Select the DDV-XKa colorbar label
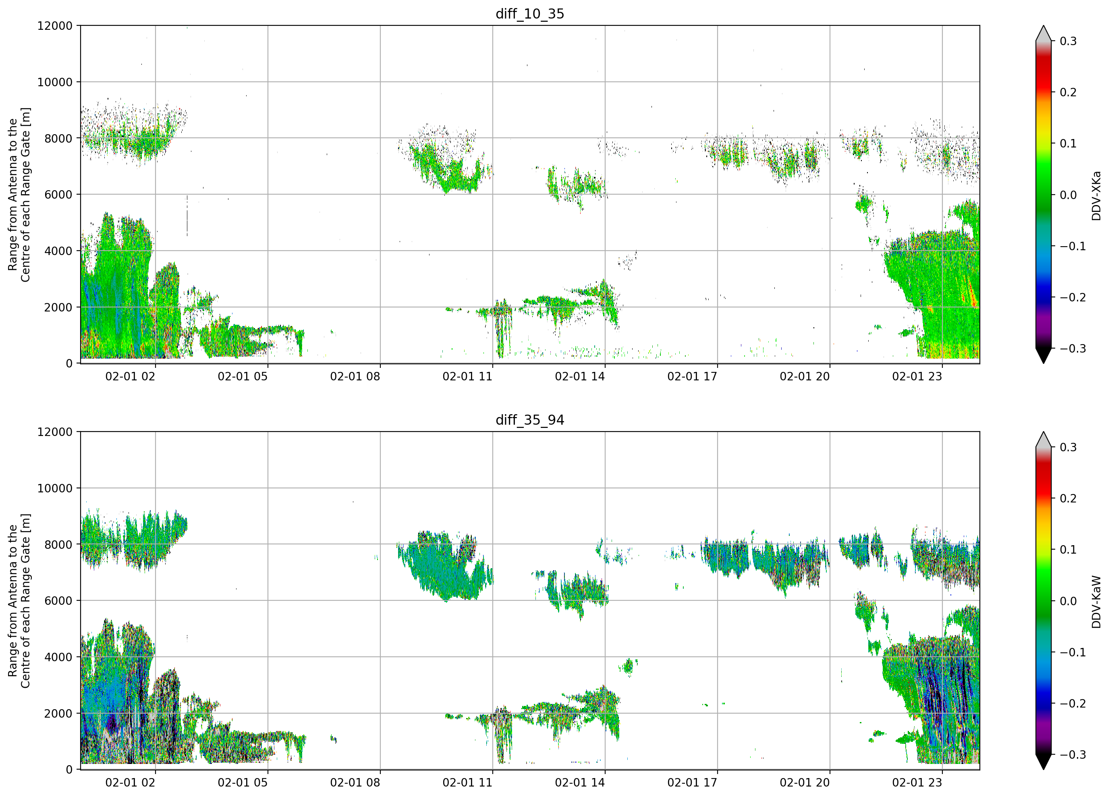1096,195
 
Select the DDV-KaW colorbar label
1096,602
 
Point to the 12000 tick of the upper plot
55,26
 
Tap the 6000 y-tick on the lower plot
58,601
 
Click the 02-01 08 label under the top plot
355,376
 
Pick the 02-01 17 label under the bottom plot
692,782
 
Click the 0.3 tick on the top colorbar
1068,41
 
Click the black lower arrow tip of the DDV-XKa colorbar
1044,363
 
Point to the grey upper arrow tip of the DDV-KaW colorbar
1044,432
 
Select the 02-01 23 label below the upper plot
917,376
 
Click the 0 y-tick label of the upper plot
69,364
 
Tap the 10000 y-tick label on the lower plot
55,488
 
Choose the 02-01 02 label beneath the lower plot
130,782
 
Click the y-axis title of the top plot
19,195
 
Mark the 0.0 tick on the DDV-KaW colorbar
1068,601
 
